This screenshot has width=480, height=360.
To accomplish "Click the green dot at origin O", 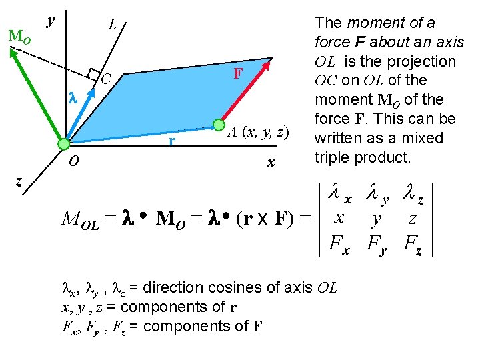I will click(63, 143).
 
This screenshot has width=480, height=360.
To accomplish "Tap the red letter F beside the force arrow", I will click(237, 73).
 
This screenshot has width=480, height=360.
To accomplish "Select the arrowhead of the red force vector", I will click(268, 65).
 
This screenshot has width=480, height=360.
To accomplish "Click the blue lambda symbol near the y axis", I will click(74, 97).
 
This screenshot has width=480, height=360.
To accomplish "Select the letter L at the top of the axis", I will click(113, 25).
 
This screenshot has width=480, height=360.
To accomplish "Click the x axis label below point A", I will click(271, 162).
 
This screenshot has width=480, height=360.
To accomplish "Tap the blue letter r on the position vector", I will click(172, 141).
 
